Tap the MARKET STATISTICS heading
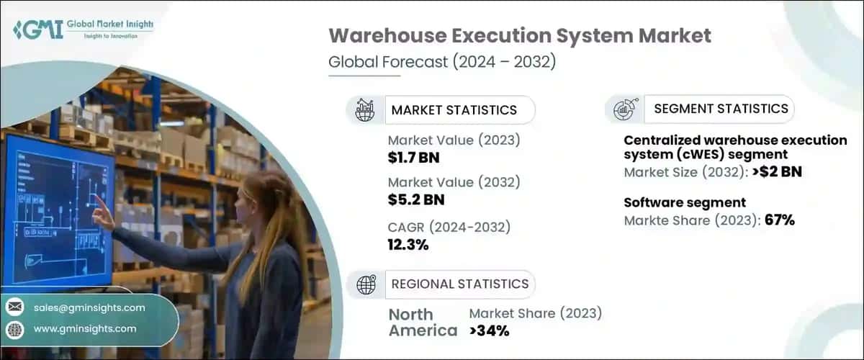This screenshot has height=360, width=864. pos(454,110)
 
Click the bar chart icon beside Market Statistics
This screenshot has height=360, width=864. pos(366,110)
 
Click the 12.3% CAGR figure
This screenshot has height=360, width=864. pos(408,245)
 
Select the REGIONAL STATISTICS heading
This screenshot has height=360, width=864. pos(459,284)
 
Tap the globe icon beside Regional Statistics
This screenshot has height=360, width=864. pos(366,284)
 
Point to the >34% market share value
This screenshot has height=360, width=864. pos(490,330)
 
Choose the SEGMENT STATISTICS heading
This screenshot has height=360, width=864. pos(721,109)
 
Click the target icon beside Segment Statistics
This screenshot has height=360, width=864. pos(624,109)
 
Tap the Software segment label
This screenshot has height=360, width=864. pos(684,202)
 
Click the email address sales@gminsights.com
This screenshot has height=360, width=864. pos(89,307)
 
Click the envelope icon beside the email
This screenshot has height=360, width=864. pos(14,307)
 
